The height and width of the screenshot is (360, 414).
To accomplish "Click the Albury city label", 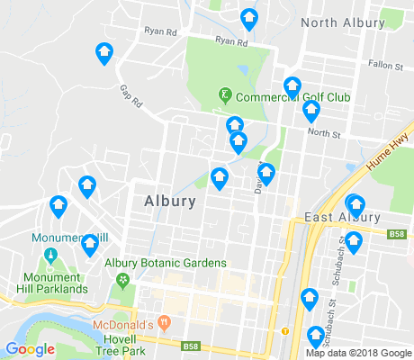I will click(169, 202).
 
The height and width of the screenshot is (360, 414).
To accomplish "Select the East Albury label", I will click(342, 218).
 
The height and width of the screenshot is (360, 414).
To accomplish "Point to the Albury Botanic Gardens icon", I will click(121, 280).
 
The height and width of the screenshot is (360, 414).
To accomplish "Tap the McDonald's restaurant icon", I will click(164, 321).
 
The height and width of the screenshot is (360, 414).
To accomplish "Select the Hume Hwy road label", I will click(392, 154).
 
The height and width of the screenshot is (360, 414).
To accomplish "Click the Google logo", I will click(30, 349).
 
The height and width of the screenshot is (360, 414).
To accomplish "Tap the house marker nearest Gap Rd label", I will click(104, 54).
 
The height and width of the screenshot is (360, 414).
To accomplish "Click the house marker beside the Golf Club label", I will click(292, 86).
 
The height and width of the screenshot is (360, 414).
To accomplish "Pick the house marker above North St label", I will click(311, 111).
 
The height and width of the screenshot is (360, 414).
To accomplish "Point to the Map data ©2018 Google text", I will click(356, 353).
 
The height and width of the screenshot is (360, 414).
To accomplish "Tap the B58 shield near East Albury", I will click(398, 235).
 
